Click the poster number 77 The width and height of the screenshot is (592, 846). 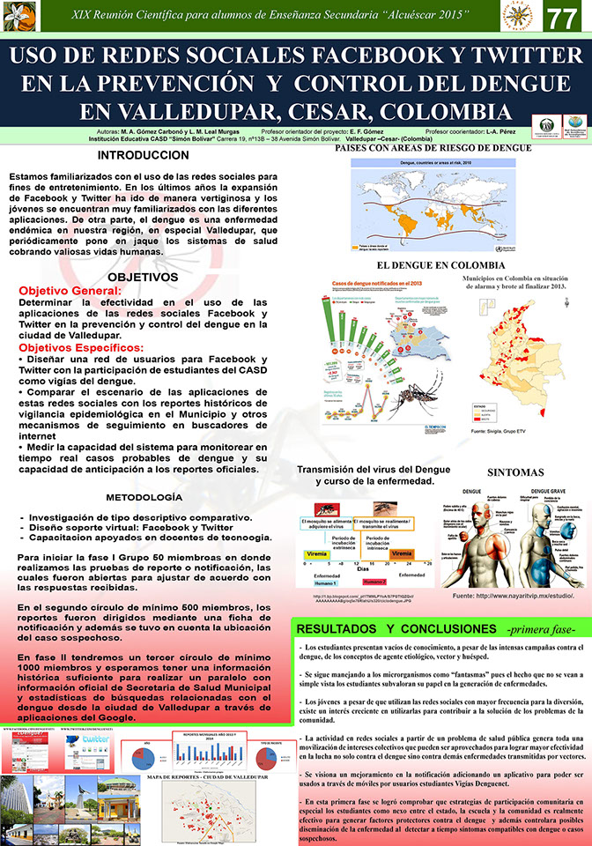tap(562, 19)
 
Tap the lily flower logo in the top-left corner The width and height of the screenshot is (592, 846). tap(19, 16)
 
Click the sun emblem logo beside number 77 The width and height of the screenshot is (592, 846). tap(519, 18)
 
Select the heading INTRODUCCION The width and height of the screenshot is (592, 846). tap(143, 155)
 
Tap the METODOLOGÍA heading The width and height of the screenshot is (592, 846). tap(144, 497)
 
